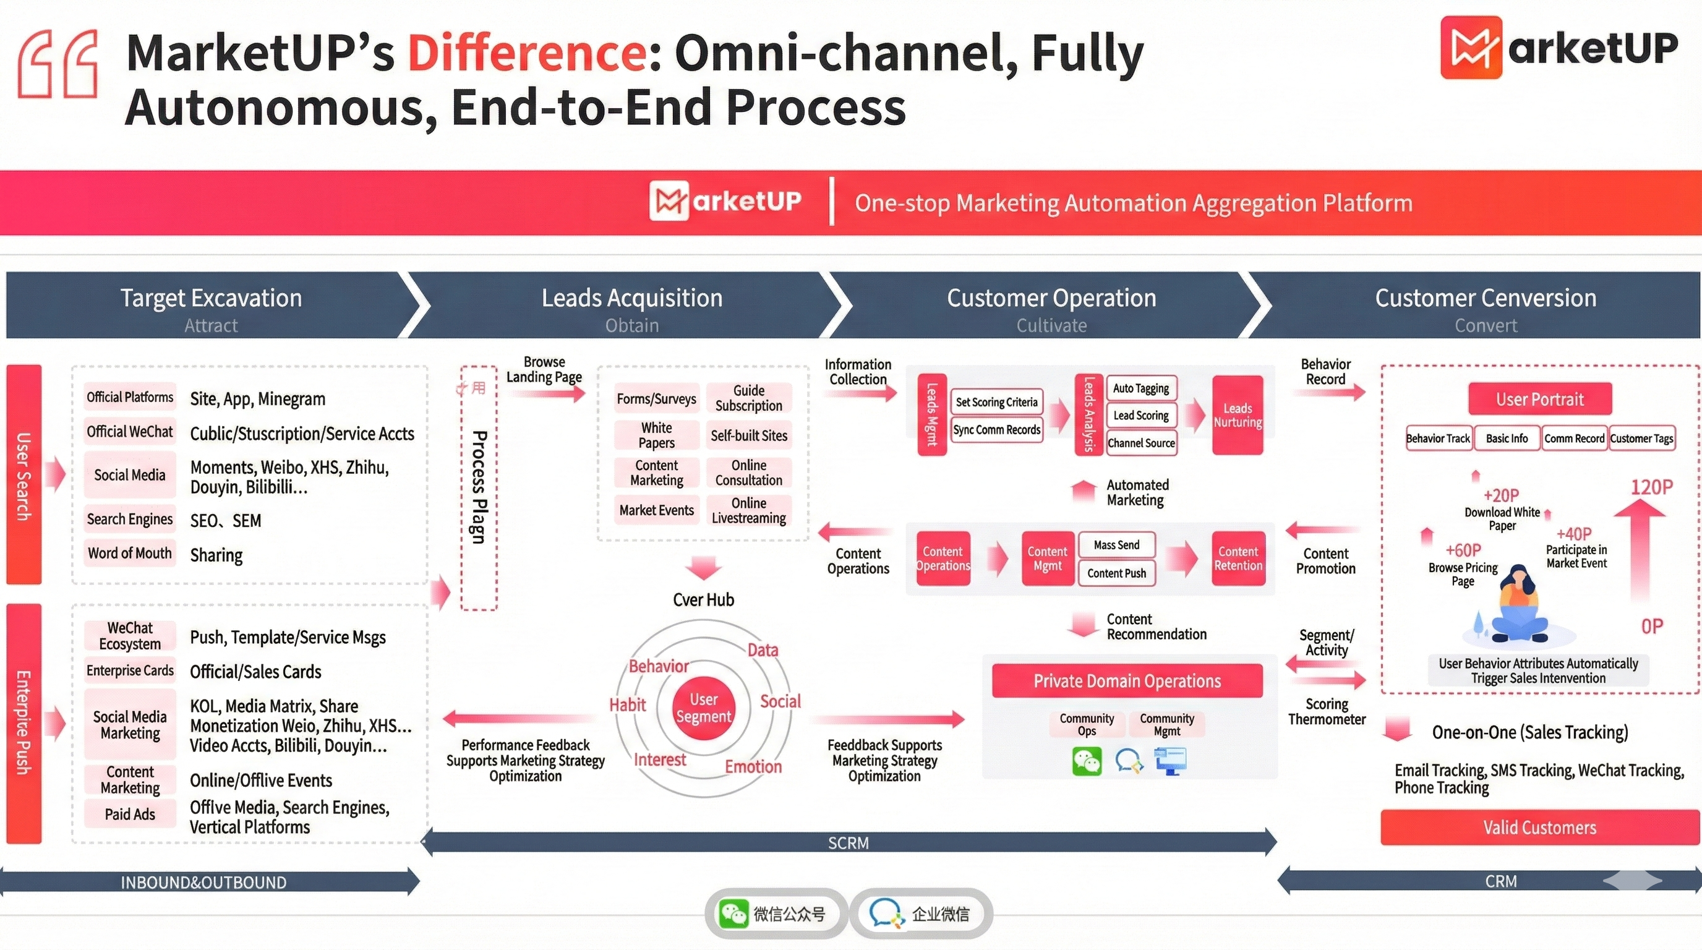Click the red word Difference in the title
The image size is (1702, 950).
[x=526, y=53]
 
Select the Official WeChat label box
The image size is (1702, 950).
[x=129, y=432]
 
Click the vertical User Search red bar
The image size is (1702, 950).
[x=24, y=474]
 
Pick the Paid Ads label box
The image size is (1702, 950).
[x=129, y=814]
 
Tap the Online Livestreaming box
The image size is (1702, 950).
[x=748, y=510]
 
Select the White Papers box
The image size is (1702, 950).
[x=656, y=435]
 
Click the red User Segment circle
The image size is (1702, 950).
[x=704, y=708]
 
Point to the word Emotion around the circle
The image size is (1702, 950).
[x=753, y=766]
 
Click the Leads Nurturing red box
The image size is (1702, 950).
[x=1238, y=415]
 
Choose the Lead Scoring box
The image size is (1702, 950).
[x=1141, y=416]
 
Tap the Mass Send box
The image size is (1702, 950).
[x=1116, y=545]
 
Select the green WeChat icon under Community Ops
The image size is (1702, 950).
[x=1086, y=762]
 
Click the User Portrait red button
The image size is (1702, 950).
[x=1539, y=399]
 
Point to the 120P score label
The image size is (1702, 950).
[x=1651, y=487]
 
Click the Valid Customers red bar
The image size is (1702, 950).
[x=1539, y=827]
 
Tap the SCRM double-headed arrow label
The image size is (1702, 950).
[x=849, y=843]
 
